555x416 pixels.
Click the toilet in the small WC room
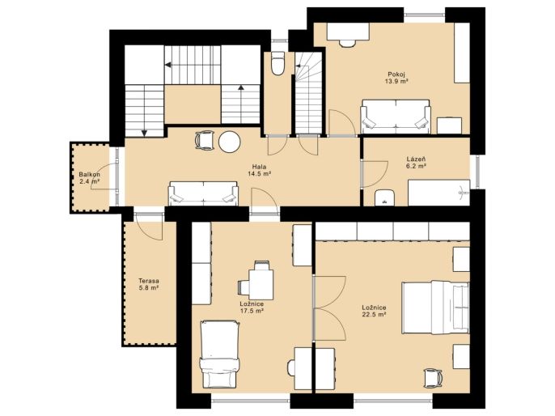(x=277, y=63)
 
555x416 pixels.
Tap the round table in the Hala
(x=230, y=142)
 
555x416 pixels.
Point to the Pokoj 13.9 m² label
(x=396, y=78)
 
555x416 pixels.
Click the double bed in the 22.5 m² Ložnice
(x=435, y=308)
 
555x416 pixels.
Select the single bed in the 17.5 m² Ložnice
(x=220, y=354)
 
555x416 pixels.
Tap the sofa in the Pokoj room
(x=396, y=117)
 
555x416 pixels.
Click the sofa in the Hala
(x=203, y=193)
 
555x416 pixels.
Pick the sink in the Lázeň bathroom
(x=384, y=197)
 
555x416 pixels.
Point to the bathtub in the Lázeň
(x=438, y=193)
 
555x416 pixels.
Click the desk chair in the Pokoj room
(x=347, y=43)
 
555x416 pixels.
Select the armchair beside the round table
(x=205, y=140)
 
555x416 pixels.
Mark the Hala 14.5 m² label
(x=260, y=170)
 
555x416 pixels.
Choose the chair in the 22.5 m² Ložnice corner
(x=433, y=379)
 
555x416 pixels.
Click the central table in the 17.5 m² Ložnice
(x=261, y=284)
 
